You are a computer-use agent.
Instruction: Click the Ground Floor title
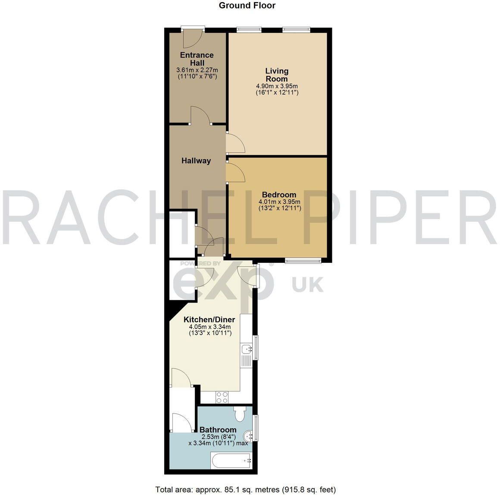[247, 6]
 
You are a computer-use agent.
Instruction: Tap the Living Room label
[277, 75]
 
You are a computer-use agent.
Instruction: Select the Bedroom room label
[279, 195]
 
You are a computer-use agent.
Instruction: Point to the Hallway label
[196, 161]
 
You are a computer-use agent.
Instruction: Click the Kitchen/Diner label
[209, 320]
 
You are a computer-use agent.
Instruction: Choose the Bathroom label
[218, 430]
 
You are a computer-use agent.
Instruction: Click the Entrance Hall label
[197, 59]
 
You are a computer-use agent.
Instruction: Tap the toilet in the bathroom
[240, 414]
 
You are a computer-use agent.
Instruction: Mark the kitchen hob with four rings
[222, 397]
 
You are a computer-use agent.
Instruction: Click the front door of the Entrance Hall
[192, 38]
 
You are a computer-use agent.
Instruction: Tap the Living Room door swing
[235, 144]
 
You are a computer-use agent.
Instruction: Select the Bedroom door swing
[235, 173]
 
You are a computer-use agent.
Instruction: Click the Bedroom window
[303, 260]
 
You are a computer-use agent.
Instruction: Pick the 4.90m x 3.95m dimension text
[277, 86]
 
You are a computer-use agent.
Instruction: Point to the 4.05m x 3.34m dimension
[209, 327]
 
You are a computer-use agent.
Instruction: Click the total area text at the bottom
[246, 489]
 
